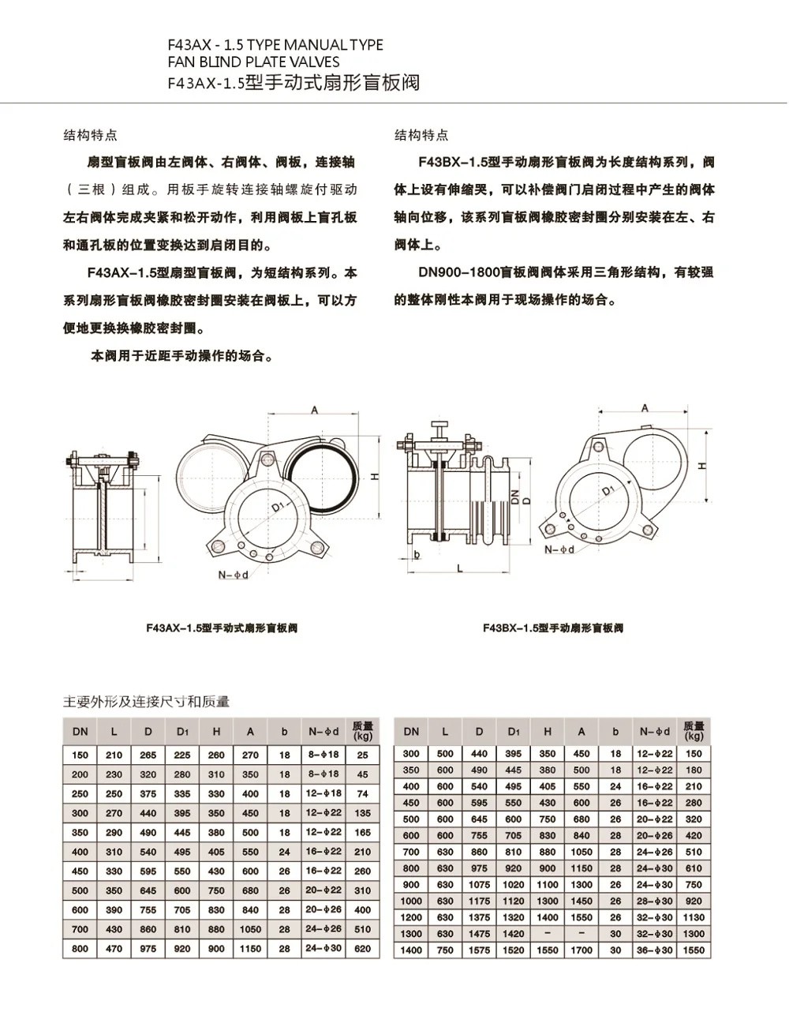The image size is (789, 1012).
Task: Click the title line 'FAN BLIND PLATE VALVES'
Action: tap(253, 62)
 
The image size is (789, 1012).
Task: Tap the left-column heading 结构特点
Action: tap(90, 135)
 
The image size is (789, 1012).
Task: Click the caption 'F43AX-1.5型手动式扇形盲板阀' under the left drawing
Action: tap(222, 628)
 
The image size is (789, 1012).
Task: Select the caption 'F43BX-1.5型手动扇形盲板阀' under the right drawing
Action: tap(553, 628)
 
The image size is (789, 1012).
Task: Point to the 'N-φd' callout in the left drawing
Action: tap(233, 575)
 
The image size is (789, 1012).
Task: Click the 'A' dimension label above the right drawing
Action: tap(645, 408)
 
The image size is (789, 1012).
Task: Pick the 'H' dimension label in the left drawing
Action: tap(376, 476)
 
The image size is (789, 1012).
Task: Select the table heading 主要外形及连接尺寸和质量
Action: tap(146, 701)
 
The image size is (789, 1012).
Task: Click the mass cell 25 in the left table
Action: tap(362, 755)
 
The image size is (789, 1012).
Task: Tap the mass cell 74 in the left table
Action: tap(362, 794)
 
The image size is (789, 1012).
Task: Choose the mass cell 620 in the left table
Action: tap(362, 948)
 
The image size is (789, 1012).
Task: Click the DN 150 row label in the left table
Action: tap(80, 755)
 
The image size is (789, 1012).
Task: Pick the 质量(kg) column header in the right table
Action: tap(694, 732)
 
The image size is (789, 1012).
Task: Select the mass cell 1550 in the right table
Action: tap(694, 950)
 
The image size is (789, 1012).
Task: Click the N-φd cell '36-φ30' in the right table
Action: tap(655, 950)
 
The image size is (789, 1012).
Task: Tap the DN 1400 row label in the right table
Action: tap(411, 950)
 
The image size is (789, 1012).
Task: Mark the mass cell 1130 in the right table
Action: tap(694, 917)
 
